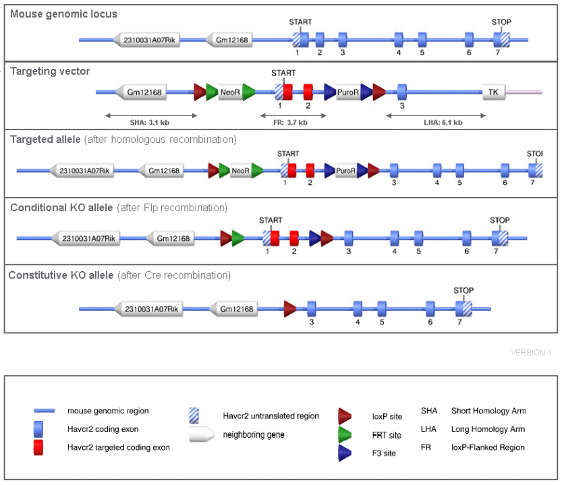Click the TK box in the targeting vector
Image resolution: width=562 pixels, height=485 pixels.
493,92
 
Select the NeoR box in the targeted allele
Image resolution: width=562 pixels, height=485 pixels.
241,171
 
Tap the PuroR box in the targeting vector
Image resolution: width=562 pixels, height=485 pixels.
347,92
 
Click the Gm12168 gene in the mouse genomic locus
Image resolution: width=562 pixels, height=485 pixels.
230,40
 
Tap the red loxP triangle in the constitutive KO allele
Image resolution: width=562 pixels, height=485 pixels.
290,309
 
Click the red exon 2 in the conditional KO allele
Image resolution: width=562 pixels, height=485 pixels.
294,238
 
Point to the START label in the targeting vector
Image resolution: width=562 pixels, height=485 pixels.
283,73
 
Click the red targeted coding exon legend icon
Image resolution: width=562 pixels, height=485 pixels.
38,447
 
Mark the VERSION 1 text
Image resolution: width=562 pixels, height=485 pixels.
531,353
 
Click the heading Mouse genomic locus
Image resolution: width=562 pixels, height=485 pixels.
64,14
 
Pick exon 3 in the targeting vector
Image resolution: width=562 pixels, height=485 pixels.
402,92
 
